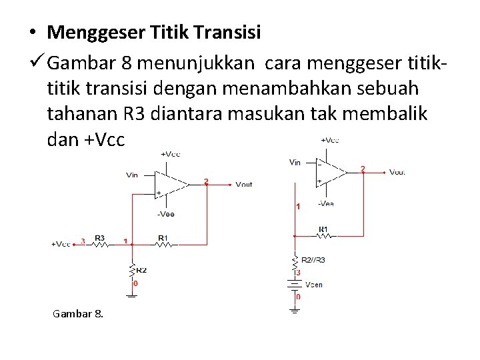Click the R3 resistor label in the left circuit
coord(99,237)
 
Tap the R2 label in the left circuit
coord(141,270)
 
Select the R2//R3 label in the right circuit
coord(313,259)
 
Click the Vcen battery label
coord(313,285)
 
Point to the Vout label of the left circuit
coord(244,184)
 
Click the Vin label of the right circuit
coord(295,162)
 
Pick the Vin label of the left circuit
coord(132,175)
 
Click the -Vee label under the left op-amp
coord(166,214)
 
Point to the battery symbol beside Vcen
coord(294,285)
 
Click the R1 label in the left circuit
coord(163,237)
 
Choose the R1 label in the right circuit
coord(323,229)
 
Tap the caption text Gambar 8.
coord(78,313)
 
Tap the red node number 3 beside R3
coord(83,241)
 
